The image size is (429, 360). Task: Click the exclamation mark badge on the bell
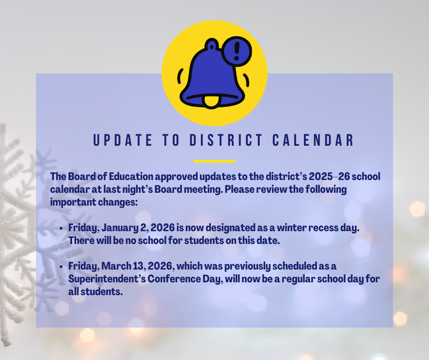tap(236, 52)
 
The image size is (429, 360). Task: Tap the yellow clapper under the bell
tap(210, 101)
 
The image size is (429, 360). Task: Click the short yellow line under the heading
tap(214, 161)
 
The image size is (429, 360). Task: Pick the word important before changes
tap(73, 202)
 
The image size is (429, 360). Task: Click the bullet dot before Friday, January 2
tap(61, 228)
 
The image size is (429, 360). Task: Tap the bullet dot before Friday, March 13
tap(61, 266)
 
